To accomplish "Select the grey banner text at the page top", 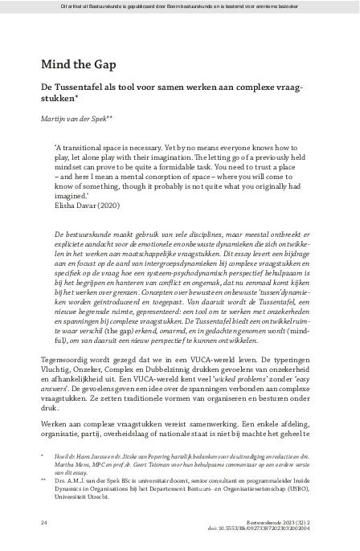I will click(180, 6).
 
